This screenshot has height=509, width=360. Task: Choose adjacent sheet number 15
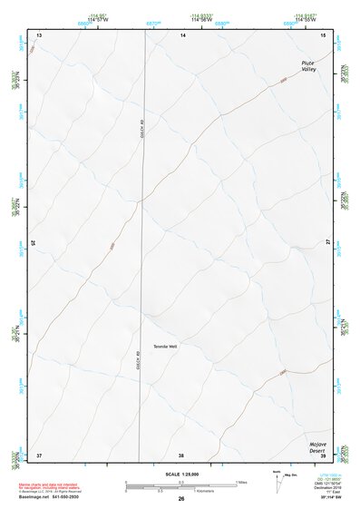[x=324, y=35]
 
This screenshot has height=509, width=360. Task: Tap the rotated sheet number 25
[x=34, y=243]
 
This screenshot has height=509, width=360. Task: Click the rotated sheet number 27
[x=327, y=243]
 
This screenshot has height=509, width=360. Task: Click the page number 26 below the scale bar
[x=181, y=500]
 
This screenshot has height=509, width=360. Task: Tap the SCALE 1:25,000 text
[x=181, y=474]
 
